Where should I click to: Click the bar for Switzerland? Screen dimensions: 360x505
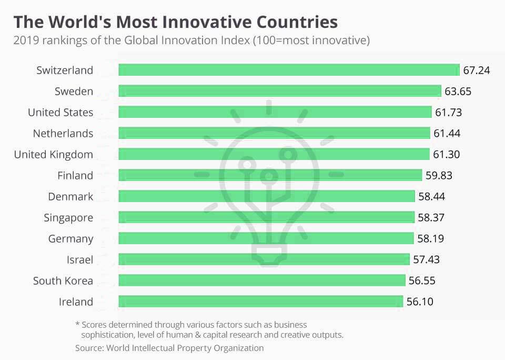[x=289, y=70]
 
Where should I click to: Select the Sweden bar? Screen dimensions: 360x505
[x=279, y=91]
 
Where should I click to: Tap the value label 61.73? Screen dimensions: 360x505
[x=448, y=112]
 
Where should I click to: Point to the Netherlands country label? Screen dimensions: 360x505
[x=63, y=133]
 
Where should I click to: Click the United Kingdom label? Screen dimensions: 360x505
[x=53, y=154]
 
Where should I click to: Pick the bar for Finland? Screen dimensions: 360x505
[x=270, y=175]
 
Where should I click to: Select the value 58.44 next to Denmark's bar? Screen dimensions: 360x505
[x=431, y=196]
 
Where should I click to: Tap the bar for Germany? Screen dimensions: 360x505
[x=266, y=238]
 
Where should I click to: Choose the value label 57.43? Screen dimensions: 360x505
[x=426, y=259]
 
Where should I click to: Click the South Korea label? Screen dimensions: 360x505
[x=63, y=281]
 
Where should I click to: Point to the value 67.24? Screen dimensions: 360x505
[x=477, y=70]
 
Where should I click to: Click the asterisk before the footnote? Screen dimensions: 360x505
[x=77, y=325]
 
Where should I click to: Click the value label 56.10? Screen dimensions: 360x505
[x=420, y=302]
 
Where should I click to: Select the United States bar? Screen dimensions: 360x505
[x=275, y=112]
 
